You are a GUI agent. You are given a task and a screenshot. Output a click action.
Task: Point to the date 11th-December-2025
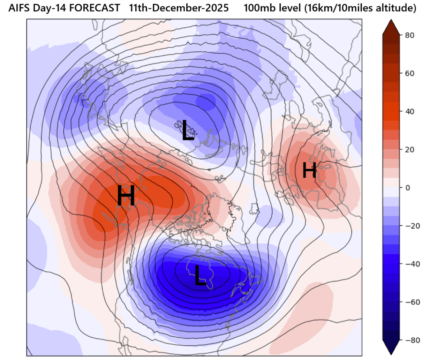pyautogui.click(x=179, y=8)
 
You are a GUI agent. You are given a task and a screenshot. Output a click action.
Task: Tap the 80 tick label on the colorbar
pyautogui.click(x=409, y=35)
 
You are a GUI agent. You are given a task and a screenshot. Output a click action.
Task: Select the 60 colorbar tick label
pyautogui.click(x=409, y=73)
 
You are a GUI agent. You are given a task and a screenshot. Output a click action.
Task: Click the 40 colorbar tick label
pyautogui.click(x=409, y=112)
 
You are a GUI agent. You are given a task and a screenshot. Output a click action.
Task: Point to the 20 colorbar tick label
pyautogui.click(x=409, y=150)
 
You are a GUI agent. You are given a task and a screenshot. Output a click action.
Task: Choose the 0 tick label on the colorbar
pyautogui.click(x=407, y=188)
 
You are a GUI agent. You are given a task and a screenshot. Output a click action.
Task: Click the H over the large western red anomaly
pyautogui.click(x=126, y=196)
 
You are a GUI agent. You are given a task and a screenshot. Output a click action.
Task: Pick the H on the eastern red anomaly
pyautogui.click(x=309, y=171)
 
